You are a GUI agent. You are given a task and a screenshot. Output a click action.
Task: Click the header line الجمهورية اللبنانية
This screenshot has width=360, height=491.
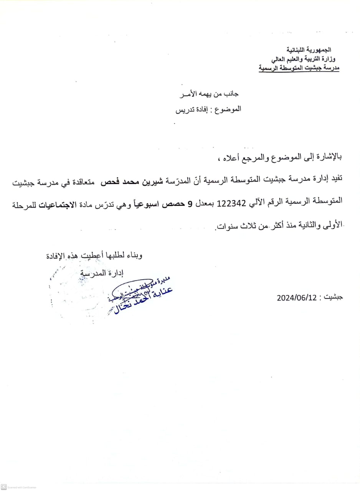pos(309,50)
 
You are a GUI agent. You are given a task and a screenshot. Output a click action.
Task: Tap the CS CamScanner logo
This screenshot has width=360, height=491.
pos(4,487)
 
